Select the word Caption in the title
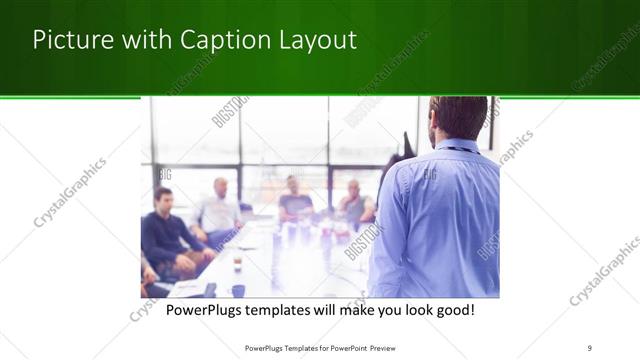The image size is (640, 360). (220, 40)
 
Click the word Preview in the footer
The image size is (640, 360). (391, 348)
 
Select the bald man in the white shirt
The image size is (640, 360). (219, 207)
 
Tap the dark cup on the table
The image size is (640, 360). (238, 290)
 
